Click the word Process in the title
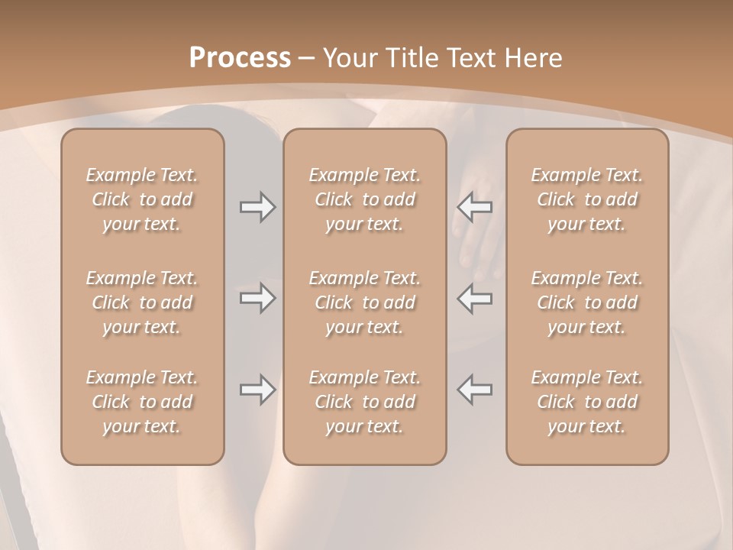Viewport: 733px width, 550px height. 240,58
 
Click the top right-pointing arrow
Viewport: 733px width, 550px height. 257,207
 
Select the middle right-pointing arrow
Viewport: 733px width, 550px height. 257,298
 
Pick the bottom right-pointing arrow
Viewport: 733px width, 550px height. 257,390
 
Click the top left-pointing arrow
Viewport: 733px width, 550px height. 475,207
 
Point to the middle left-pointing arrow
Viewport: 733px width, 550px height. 475,298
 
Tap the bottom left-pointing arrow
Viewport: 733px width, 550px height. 475,390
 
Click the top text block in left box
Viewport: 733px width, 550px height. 142,199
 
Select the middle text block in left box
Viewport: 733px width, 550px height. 142,302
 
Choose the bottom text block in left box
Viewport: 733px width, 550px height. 142,402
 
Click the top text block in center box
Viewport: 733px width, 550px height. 365,199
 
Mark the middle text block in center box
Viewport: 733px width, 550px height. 365,302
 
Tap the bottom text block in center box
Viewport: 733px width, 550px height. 365,402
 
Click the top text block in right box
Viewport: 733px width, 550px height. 587,199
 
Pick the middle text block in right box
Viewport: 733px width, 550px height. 587,302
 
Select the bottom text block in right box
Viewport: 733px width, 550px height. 587,402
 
